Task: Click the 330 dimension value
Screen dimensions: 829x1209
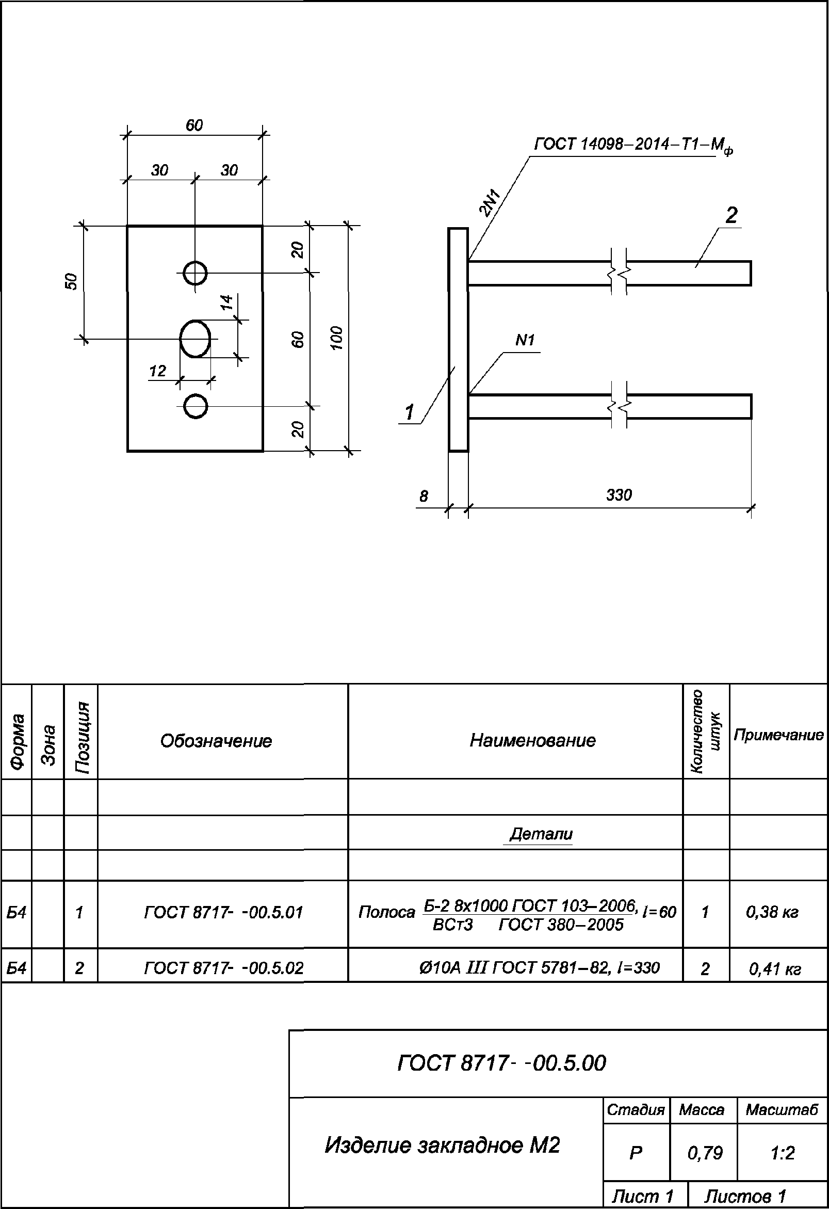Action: pyautogui.click(x=619, y=495)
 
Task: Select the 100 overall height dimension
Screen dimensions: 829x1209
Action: pyautogui.click(x=337, y=338)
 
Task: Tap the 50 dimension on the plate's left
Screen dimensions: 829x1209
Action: pyautogui.click(x=71, y=281)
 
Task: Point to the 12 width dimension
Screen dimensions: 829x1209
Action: pyautogui.click(x=157, y=372)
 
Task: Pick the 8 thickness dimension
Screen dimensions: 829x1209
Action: pyautogui.click(x=424, y=497)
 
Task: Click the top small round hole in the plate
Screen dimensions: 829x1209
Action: pyautogui.click(x=195, y=273)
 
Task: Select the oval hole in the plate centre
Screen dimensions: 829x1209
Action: pyautogui.click(x=195, y=339)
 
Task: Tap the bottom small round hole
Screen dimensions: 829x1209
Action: pyautogui.click(x=196, y=406)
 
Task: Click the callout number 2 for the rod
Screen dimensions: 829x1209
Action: pyautogui.click(x=732, y=215)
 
